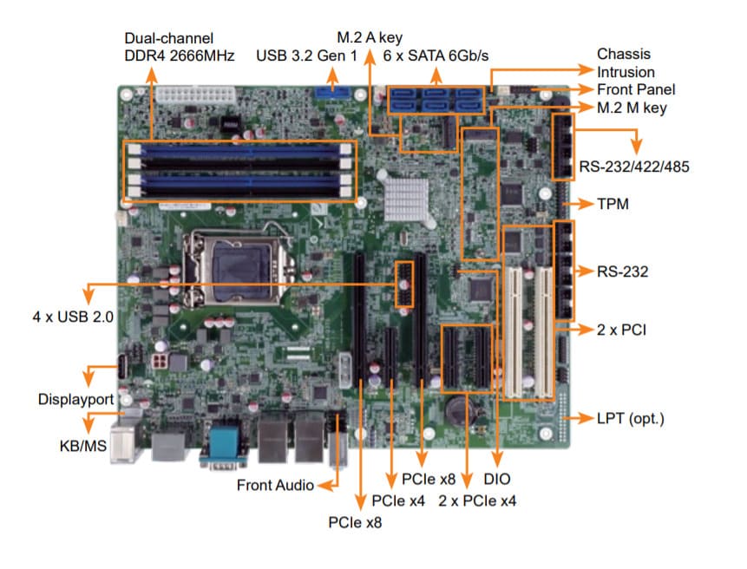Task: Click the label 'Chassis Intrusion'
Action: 626,63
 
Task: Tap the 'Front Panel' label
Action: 636,89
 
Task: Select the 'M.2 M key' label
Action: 632,108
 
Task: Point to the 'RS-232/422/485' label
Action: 634,166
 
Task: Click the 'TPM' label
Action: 613,206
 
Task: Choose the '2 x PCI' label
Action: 621,330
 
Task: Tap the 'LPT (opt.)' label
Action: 630,419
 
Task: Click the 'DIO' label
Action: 498,478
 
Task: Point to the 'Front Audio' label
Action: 275,486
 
